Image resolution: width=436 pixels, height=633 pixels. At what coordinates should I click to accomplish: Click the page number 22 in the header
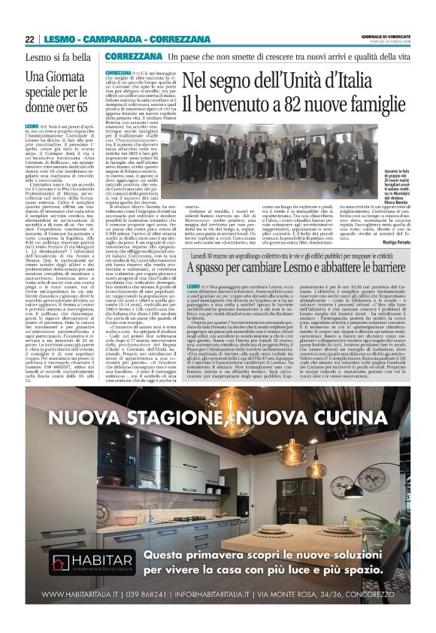coord(29,40)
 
